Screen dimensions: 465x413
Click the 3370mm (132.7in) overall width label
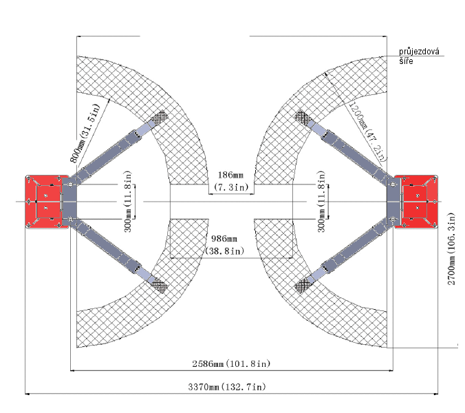point(227,387)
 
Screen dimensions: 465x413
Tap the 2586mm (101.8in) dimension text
point(231,363)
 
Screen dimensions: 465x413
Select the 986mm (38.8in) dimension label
point(224,245)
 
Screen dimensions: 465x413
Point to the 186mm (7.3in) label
point(231,181)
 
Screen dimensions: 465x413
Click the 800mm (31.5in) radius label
point(85,134)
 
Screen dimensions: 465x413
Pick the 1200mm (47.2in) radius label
point(368,131)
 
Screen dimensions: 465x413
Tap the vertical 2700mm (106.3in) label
point(451,249)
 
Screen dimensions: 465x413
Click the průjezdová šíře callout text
point(419,56)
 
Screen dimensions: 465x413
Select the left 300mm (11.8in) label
point(127,202)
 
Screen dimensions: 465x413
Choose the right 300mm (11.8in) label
point(321,202)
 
